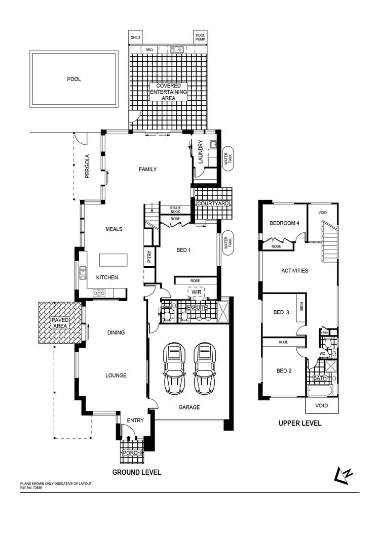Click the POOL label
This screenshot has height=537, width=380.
74,79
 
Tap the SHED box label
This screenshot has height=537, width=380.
135,37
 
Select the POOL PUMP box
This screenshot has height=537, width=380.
201,37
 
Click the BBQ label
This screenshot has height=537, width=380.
149,50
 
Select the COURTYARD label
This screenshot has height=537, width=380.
213,203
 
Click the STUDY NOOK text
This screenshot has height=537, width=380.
175,210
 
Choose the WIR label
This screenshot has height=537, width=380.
195,292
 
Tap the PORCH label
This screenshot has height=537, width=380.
131,452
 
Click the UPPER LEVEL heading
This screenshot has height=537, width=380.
300,423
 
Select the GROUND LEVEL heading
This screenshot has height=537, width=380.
137,472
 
